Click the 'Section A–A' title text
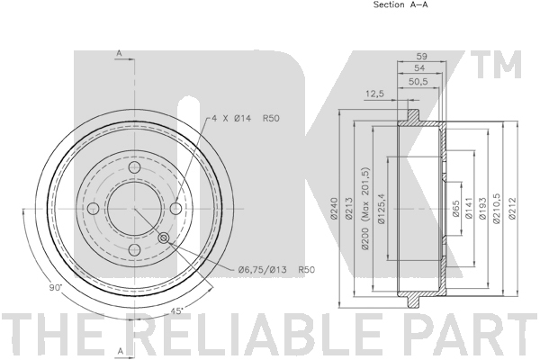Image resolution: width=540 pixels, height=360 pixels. (400, 4)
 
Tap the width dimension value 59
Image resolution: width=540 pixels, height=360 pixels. (421, 56)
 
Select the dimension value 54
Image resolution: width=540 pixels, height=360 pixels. (419, 67)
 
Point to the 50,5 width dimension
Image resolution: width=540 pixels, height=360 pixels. (418, 82)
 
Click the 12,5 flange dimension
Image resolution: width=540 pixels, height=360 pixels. (374, 94)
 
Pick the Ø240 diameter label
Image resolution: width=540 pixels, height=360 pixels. (334, 208)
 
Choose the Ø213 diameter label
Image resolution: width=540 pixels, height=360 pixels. (348, 208)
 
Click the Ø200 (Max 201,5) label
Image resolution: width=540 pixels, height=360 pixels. (364, 209)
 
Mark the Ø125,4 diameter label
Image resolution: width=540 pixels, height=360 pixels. (381, 208)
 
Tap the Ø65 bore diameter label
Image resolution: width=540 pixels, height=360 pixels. (455, 209)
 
